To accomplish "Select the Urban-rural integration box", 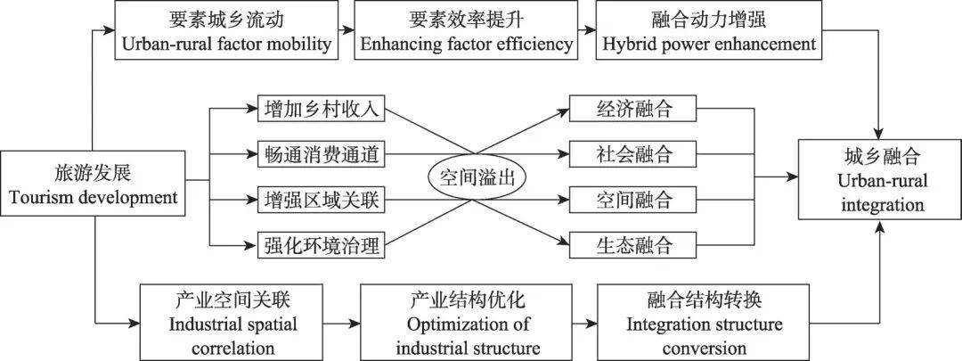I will (879, 181).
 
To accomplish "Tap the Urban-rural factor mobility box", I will (225, 31).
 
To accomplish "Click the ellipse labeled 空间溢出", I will (477, 176).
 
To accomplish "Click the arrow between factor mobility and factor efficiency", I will (344, 31).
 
